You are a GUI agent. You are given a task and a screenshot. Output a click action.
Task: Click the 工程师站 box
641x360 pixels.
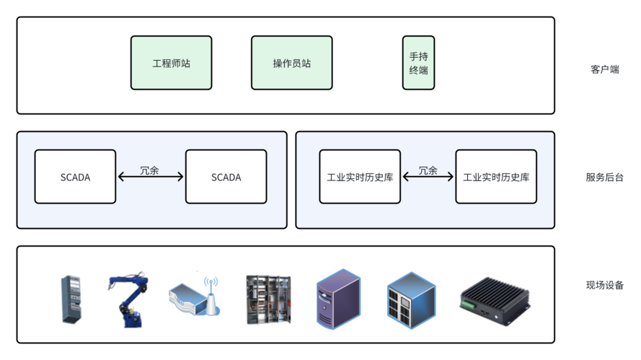171,63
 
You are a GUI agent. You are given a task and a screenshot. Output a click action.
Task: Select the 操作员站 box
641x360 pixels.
291,63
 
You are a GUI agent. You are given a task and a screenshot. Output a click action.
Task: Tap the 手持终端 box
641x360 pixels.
418,63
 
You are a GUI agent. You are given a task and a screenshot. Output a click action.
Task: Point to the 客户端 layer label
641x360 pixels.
604,70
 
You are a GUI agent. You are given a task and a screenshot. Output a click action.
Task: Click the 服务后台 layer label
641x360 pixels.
604,177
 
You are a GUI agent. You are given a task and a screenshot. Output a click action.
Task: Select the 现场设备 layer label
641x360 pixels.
604,285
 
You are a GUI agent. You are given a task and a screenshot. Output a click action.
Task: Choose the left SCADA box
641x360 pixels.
75,177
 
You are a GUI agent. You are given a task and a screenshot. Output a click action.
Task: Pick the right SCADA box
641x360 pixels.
226,177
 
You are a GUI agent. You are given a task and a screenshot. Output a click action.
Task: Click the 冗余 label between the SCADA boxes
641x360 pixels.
149,171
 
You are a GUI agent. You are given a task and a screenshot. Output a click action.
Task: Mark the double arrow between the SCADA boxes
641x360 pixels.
151,177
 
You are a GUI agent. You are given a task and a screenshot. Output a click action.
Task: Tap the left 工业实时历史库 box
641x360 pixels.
359,177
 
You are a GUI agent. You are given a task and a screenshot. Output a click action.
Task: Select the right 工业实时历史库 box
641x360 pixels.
495,177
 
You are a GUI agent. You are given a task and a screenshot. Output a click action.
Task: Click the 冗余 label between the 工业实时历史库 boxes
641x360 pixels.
428,171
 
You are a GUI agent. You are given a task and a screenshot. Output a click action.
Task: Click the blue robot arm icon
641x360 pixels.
129,299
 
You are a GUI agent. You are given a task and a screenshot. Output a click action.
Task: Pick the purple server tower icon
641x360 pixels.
338,299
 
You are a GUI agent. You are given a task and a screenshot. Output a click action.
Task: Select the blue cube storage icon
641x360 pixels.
411,297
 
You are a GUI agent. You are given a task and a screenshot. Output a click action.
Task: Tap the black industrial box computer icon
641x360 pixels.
495,299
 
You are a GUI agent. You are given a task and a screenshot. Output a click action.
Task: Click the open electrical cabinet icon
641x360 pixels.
268,299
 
